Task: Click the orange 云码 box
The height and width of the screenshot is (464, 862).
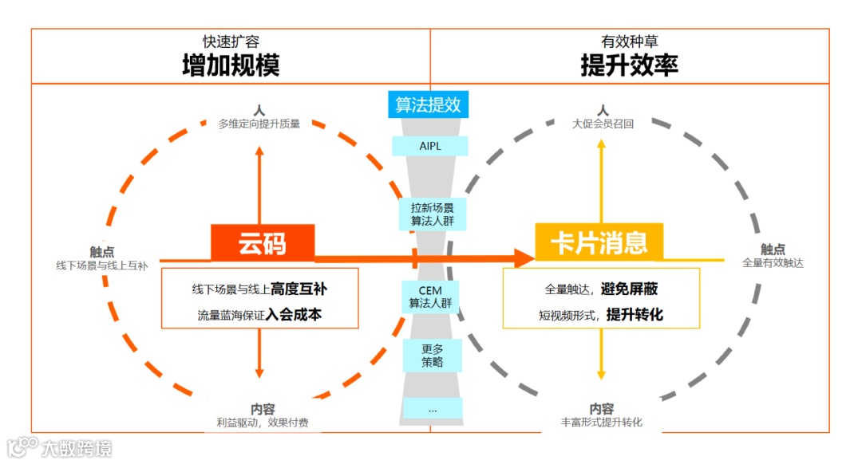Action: coord(263,243)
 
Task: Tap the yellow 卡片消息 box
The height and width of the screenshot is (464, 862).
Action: coord(599,242)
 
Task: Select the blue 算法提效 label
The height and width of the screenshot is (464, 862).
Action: coord(428,104)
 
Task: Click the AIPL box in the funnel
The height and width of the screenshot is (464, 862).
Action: coord(429,146)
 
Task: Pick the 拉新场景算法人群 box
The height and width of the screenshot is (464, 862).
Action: coord(432,213)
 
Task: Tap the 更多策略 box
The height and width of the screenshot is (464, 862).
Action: coord(432,355)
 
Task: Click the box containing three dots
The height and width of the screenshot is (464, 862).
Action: coord(432,408)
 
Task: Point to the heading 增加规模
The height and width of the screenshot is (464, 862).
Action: coord(231,65)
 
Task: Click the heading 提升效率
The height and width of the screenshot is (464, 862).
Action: coord(629,65)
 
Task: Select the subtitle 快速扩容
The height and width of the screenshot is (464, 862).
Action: coord(231,42)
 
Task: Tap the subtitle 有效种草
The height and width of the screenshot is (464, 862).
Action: coord(629,42)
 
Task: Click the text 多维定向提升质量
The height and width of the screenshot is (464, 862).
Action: coord(259,124)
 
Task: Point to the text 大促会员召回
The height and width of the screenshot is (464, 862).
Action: coord(603,124)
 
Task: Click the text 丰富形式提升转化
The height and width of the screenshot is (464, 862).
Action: coord(602,423)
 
